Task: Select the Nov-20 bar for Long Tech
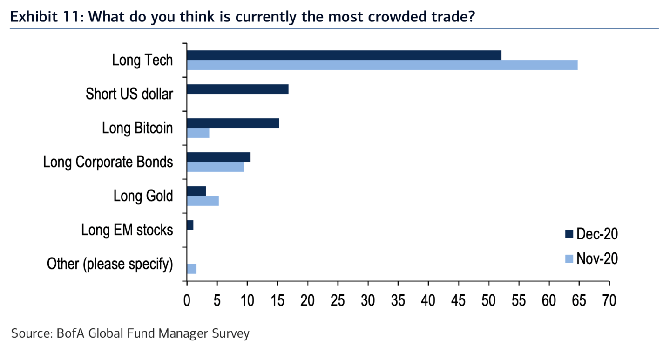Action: coord(382,65)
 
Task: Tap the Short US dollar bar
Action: coord(237,89)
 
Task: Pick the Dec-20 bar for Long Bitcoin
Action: coord(233,123)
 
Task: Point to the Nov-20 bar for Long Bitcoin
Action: coord(198,133)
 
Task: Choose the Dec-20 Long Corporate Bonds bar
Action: coord(218,157)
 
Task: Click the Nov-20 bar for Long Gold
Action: coord(203,201)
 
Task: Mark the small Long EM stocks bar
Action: coord(190,225)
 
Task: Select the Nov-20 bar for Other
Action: coord(191,269)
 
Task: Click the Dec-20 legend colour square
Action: coord(568,234)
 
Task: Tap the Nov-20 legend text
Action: coord(597,258)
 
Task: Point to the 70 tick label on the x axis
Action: coord(609,300)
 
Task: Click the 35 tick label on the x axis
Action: coord(398,300)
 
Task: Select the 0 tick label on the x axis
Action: coord(187,300)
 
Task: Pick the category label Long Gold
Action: coord(143,196)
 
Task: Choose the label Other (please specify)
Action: coord(110,264)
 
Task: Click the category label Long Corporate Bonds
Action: coord(108,162)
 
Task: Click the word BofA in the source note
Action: coord(71,333)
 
